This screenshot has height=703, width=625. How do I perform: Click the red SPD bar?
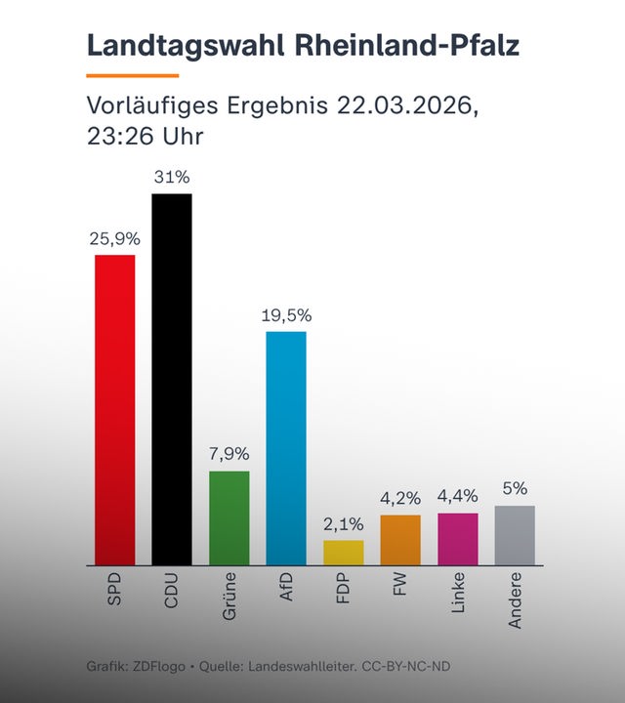(114, 409)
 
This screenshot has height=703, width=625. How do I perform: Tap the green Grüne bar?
(229, 517)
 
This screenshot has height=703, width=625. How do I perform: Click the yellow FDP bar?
(343, 553)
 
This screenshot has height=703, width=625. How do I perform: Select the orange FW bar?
(400, 540)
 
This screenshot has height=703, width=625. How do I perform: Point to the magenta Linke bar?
(457, 539)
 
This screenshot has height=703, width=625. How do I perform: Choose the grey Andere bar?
(515, 535)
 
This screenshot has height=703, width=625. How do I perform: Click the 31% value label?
(171, 178)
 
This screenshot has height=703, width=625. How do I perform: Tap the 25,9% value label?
(114, 238)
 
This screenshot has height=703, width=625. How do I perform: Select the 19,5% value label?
(286, 315)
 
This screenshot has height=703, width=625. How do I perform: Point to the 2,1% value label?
(343, 523)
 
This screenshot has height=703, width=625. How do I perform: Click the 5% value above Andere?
(515, 488)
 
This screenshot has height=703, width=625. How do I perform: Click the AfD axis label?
(286, 590)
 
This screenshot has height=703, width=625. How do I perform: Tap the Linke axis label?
(457, 594)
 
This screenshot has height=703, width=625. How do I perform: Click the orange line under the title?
(133, 74)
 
